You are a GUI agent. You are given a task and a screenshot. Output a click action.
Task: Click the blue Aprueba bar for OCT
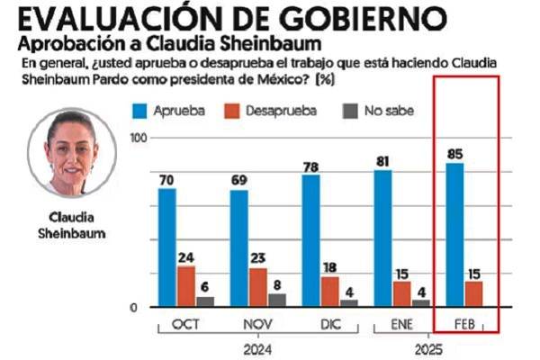click(x=167, y=247)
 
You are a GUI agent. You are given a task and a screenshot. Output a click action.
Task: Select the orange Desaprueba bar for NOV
click(x=258, y=287)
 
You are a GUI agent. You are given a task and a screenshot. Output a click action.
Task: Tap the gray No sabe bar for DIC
click(x=349, y=302)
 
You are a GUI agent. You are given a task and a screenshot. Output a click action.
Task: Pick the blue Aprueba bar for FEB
click(x=455, y=235)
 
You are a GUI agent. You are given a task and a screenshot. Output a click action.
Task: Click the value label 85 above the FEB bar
click(x=455, y=153)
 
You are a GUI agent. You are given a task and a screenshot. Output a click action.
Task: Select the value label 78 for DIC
click(x=311, y=166)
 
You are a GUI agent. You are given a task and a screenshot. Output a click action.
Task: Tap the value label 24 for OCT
click(x=186, y=256)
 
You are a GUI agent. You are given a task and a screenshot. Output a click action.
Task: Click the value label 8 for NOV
click(x=277, y=284)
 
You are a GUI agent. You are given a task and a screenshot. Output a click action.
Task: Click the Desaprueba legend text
click(x=290, y=110)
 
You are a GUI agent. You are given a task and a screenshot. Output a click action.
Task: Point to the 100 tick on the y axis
click(x=139, y=137)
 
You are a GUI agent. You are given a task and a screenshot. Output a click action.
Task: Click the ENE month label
click(x=401, y=321)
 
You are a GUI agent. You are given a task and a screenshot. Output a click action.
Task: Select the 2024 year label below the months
click(x=257, y=346)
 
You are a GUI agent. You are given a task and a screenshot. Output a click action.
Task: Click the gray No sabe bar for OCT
click(x=205, y=301)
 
